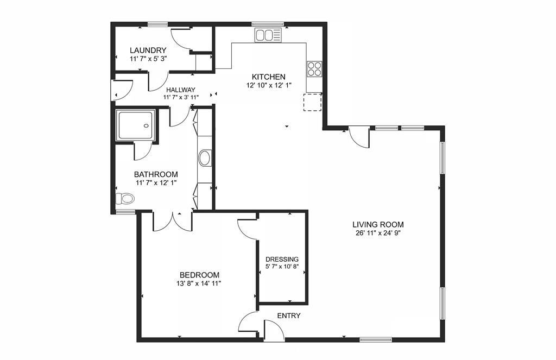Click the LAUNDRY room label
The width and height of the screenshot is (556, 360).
pyautogui.click(x=148, y=50)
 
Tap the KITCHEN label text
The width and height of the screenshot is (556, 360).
pyautogui.click(x=268, y=77)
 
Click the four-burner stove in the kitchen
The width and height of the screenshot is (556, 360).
pyautogui.click(x=314, y=68)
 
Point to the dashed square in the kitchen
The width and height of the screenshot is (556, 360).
pyautogui.click(x=312, y=103)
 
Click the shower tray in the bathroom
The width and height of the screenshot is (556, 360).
pyautogui.click(x=136, y=124)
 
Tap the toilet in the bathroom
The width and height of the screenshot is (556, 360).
pyautogui.click(x=125, y=198)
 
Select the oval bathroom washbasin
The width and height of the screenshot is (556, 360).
pyautogui.click(x=205, y=158)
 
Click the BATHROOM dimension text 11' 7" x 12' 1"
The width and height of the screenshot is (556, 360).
pyautogui.click(x=156, y=183)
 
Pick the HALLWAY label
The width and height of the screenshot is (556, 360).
pyautogui.click(x=180, y=90)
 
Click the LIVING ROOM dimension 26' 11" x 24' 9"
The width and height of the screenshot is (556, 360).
pyautogui.click(x=378, y=233)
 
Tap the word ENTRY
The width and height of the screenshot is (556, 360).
pyautogui.click(x=289, y=315)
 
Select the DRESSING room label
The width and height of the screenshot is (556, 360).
pyautogui.click(x=282, y=259)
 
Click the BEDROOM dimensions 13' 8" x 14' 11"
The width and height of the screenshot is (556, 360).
pyautogui.click(x=199, y=283)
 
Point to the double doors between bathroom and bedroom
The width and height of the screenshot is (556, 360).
pyautogui.click(x=173, y=222)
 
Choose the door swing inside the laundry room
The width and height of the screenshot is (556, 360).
pyautogui.click(x=181, y=39)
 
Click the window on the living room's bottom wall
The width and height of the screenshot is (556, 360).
pyautogui.click(x=376, y=340)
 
